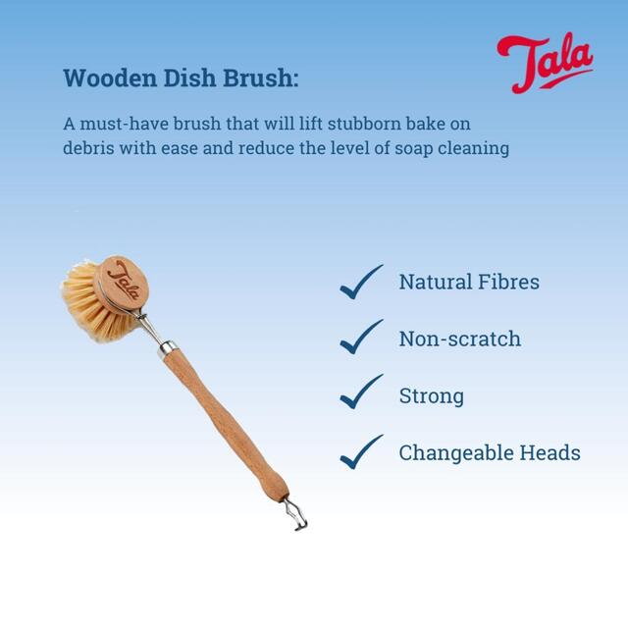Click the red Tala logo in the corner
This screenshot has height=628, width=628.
pyautogui.click(x=544, y=63)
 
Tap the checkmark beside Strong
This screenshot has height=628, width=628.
pyautogui.click(x=360, y=395)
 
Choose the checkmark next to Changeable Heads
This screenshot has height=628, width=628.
pyautogui.click(x=360, y=452)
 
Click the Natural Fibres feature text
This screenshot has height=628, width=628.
pyautogui.click(x=469, y=283)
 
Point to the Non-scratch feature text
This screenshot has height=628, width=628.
pyautogui.click(x=459, y=340)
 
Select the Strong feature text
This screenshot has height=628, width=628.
pyautogui.click(x=431, y=396)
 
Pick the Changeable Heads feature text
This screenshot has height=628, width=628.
pyautogui.click(x=490, y=453)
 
